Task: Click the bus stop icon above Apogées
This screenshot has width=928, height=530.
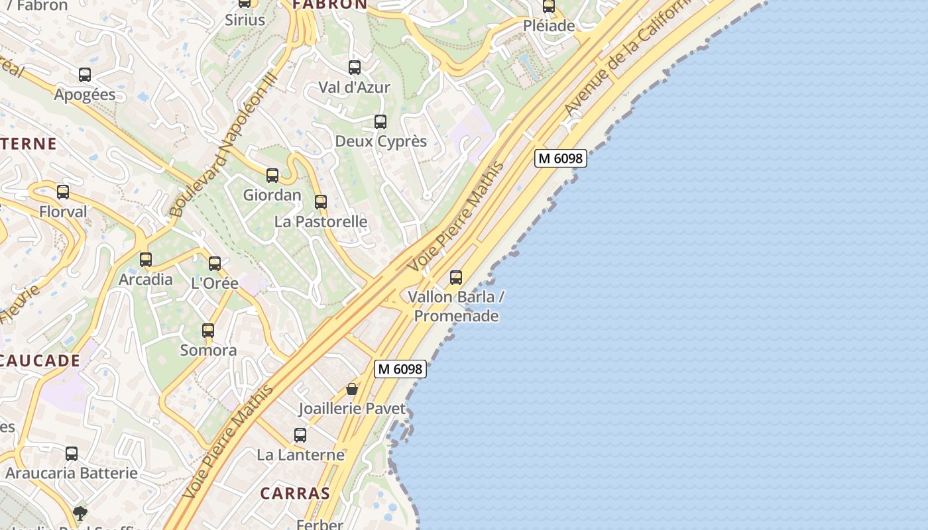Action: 85,75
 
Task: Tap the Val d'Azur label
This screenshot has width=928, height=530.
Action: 354,87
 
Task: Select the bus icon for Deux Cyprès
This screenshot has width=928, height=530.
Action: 380,122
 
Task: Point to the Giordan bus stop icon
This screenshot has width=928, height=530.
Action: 272,176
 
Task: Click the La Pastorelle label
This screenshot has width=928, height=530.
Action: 321,221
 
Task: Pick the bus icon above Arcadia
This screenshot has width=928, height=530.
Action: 146,260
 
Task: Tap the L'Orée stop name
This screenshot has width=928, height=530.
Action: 214,283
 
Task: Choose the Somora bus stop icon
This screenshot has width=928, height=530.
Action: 208,331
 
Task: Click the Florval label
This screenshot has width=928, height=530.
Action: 63,212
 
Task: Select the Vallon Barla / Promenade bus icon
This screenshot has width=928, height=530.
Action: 456,277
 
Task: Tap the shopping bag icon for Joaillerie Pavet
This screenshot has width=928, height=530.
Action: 352,389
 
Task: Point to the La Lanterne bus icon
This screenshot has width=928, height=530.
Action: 300,435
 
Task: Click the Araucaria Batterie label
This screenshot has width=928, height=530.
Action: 72,473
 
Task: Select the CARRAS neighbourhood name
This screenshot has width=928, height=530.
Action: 295,493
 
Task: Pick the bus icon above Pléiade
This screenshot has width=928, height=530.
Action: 549,7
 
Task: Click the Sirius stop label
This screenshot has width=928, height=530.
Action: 245,20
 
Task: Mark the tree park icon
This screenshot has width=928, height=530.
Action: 80,513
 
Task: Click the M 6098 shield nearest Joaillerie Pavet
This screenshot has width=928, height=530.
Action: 400,369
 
